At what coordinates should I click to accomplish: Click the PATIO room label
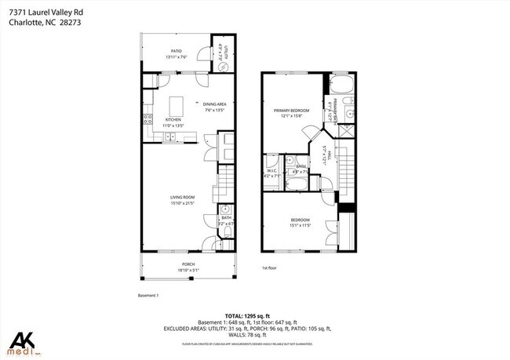point(175,50)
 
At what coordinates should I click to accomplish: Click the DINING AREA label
point(214,104)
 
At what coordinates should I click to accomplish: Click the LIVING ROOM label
point(182,197)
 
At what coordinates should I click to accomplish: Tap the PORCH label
point(188,264)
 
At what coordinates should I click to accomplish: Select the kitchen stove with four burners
point(147,120)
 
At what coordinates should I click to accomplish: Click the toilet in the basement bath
point(225,210)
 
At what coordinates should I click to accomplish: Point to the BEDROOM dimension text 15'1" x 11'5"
point(300,225)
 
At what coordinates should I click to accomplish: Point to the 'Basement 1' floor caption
point(148,296)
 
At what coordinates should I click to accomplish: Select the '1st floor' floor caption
point(270,267)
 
